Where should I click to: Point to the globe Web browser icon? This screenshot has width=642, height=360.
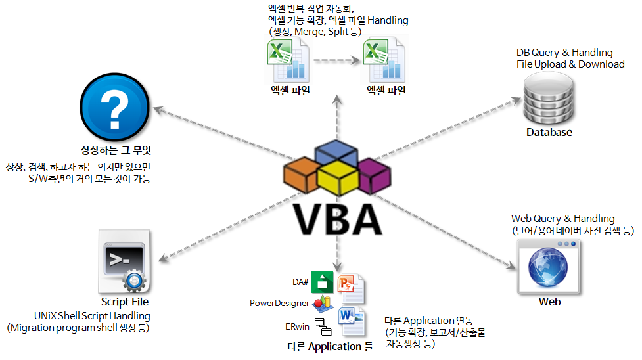549,265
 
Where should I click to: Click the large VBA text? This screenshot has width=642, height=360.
337,218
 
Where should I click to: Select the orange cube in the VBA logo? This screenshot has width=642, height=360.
302,173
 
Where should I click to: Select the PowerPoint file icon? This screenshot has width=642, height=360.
350,288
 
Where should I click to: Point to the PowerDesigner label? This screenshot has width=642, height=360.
278,303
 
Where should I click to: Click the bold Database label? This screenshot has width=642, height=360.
549,132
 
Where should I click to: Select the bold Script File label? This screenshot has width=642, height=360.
125,302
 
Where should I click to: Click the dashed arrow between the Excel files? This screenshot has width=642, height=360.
336,61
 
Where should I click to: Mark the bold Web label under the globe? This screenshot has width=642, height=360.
549,302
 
